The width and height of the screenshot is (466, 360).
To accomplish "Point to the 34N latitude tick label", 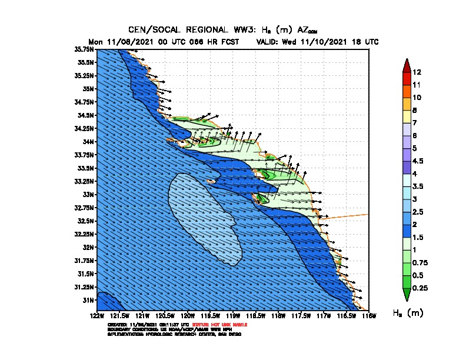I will (x=88, y=141).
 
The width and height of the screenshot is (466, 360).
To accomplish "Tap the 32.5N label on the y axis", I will (x=85, y=221).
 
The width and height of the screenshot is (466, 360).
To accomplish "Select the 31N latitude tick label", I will (x=88, y=300).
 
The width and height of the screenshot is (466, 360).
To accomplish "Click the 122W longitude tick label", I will (x=97, y=316).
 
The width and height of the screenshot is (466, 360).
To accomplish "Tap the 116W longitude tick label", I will (x=369, y=316).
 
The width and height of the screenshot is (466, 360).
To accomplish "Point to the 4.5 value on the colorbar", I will (x=418, y=161).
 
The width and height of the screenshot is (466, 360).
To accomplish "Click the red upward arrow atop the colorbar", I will (x=405, y=65).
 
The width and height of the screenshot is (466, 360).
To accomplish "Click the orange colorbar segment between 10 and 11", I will (x=405, y=91).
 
